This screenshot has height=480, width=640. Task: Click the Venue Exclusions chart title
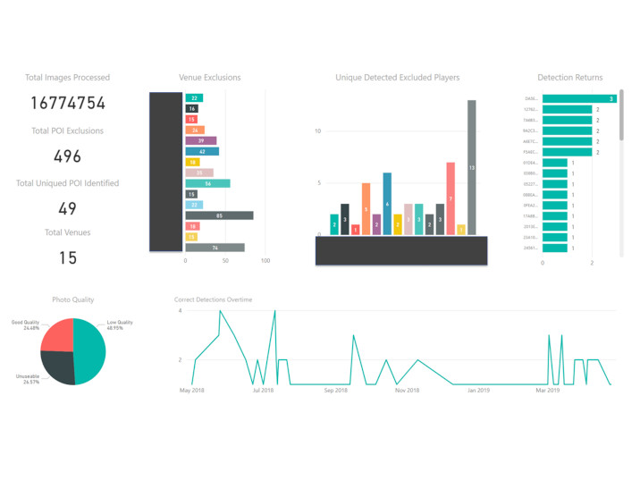coord(210,78)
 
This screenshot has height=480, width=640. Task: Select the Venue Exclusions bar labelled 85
coord(219,215)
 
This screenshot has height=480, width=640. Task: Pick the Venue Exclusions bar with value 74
coord(215,248)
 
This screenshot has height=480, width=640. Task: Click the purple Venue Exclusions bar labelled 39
coord(201,140)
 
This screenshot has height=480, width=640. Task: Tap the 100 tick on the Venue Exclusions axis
coord(265,261)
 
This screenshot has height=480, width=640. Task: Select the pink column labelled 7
coord(451,198)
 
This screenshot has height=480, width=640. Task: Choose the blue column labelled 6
coord(387,204)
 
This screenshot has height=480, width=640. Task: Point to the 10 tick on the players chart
coord(317,131)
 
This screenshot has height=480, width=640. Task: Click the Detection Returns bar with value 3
coord(579,98)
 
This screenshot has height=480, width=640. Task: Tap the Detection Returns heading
coord(569,78)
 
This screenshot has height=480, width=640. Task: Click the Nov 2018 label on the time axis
coord(407,391)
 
